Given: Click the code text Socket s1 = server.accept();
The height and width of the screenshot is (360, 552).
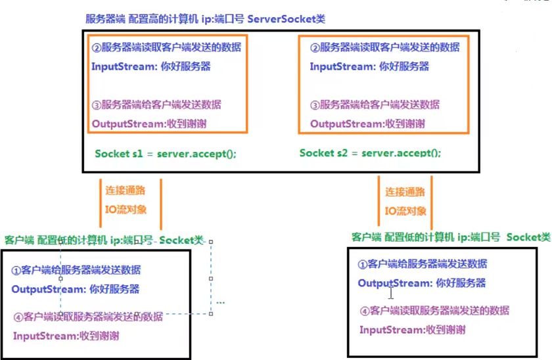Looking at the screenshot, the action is pos(165,154).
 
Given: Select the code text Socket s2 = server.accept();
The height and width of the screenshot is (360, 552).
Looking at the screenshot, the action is pos(370,152).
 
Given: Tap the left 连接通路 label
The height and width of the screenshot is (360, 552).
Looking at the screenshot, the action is pos(125,191).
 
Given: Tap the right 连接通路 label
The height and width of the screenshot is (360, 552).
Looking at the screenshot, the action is pos(405,192).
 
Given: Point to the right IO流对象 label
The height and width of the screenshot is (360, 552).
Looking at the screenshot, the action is pos(405,211).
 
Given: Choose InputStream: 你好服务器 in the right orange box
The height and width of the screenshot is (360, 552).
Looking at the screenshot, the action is pos(369,66).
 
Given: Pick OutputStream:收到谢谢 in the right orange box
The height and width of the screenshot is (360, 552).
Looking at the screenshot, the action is pos(367,124).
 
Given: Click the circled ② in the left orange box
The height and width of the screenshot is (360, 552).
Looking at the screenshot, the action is pos(96,47).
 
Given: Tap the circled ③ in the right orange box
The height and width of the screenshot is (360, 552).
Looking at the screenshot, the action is pos(315,105).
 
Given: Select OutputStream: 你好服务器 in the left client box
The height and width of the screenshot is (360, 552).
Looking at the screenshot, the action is pos(75,289).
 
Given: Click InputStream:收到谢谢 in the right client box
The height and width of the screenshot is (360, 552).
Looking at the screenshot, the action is pos(412,330).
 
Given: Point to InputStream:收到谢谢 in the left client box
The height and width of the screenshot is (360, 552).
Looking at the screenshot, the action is pos(66,336).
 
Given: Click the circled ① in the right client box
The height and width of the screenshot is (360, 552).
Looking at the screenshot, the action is pos(362,264).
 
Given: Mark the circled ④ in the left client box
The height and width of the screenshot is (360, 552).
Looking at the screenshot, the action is pos(18,317).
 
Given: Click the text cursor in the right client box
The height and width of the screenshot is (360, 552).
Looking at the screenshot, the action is pos(391,292).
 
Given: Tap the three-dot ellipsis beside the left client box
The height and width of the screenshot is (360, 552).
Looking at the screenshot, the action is pos(221,303).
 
